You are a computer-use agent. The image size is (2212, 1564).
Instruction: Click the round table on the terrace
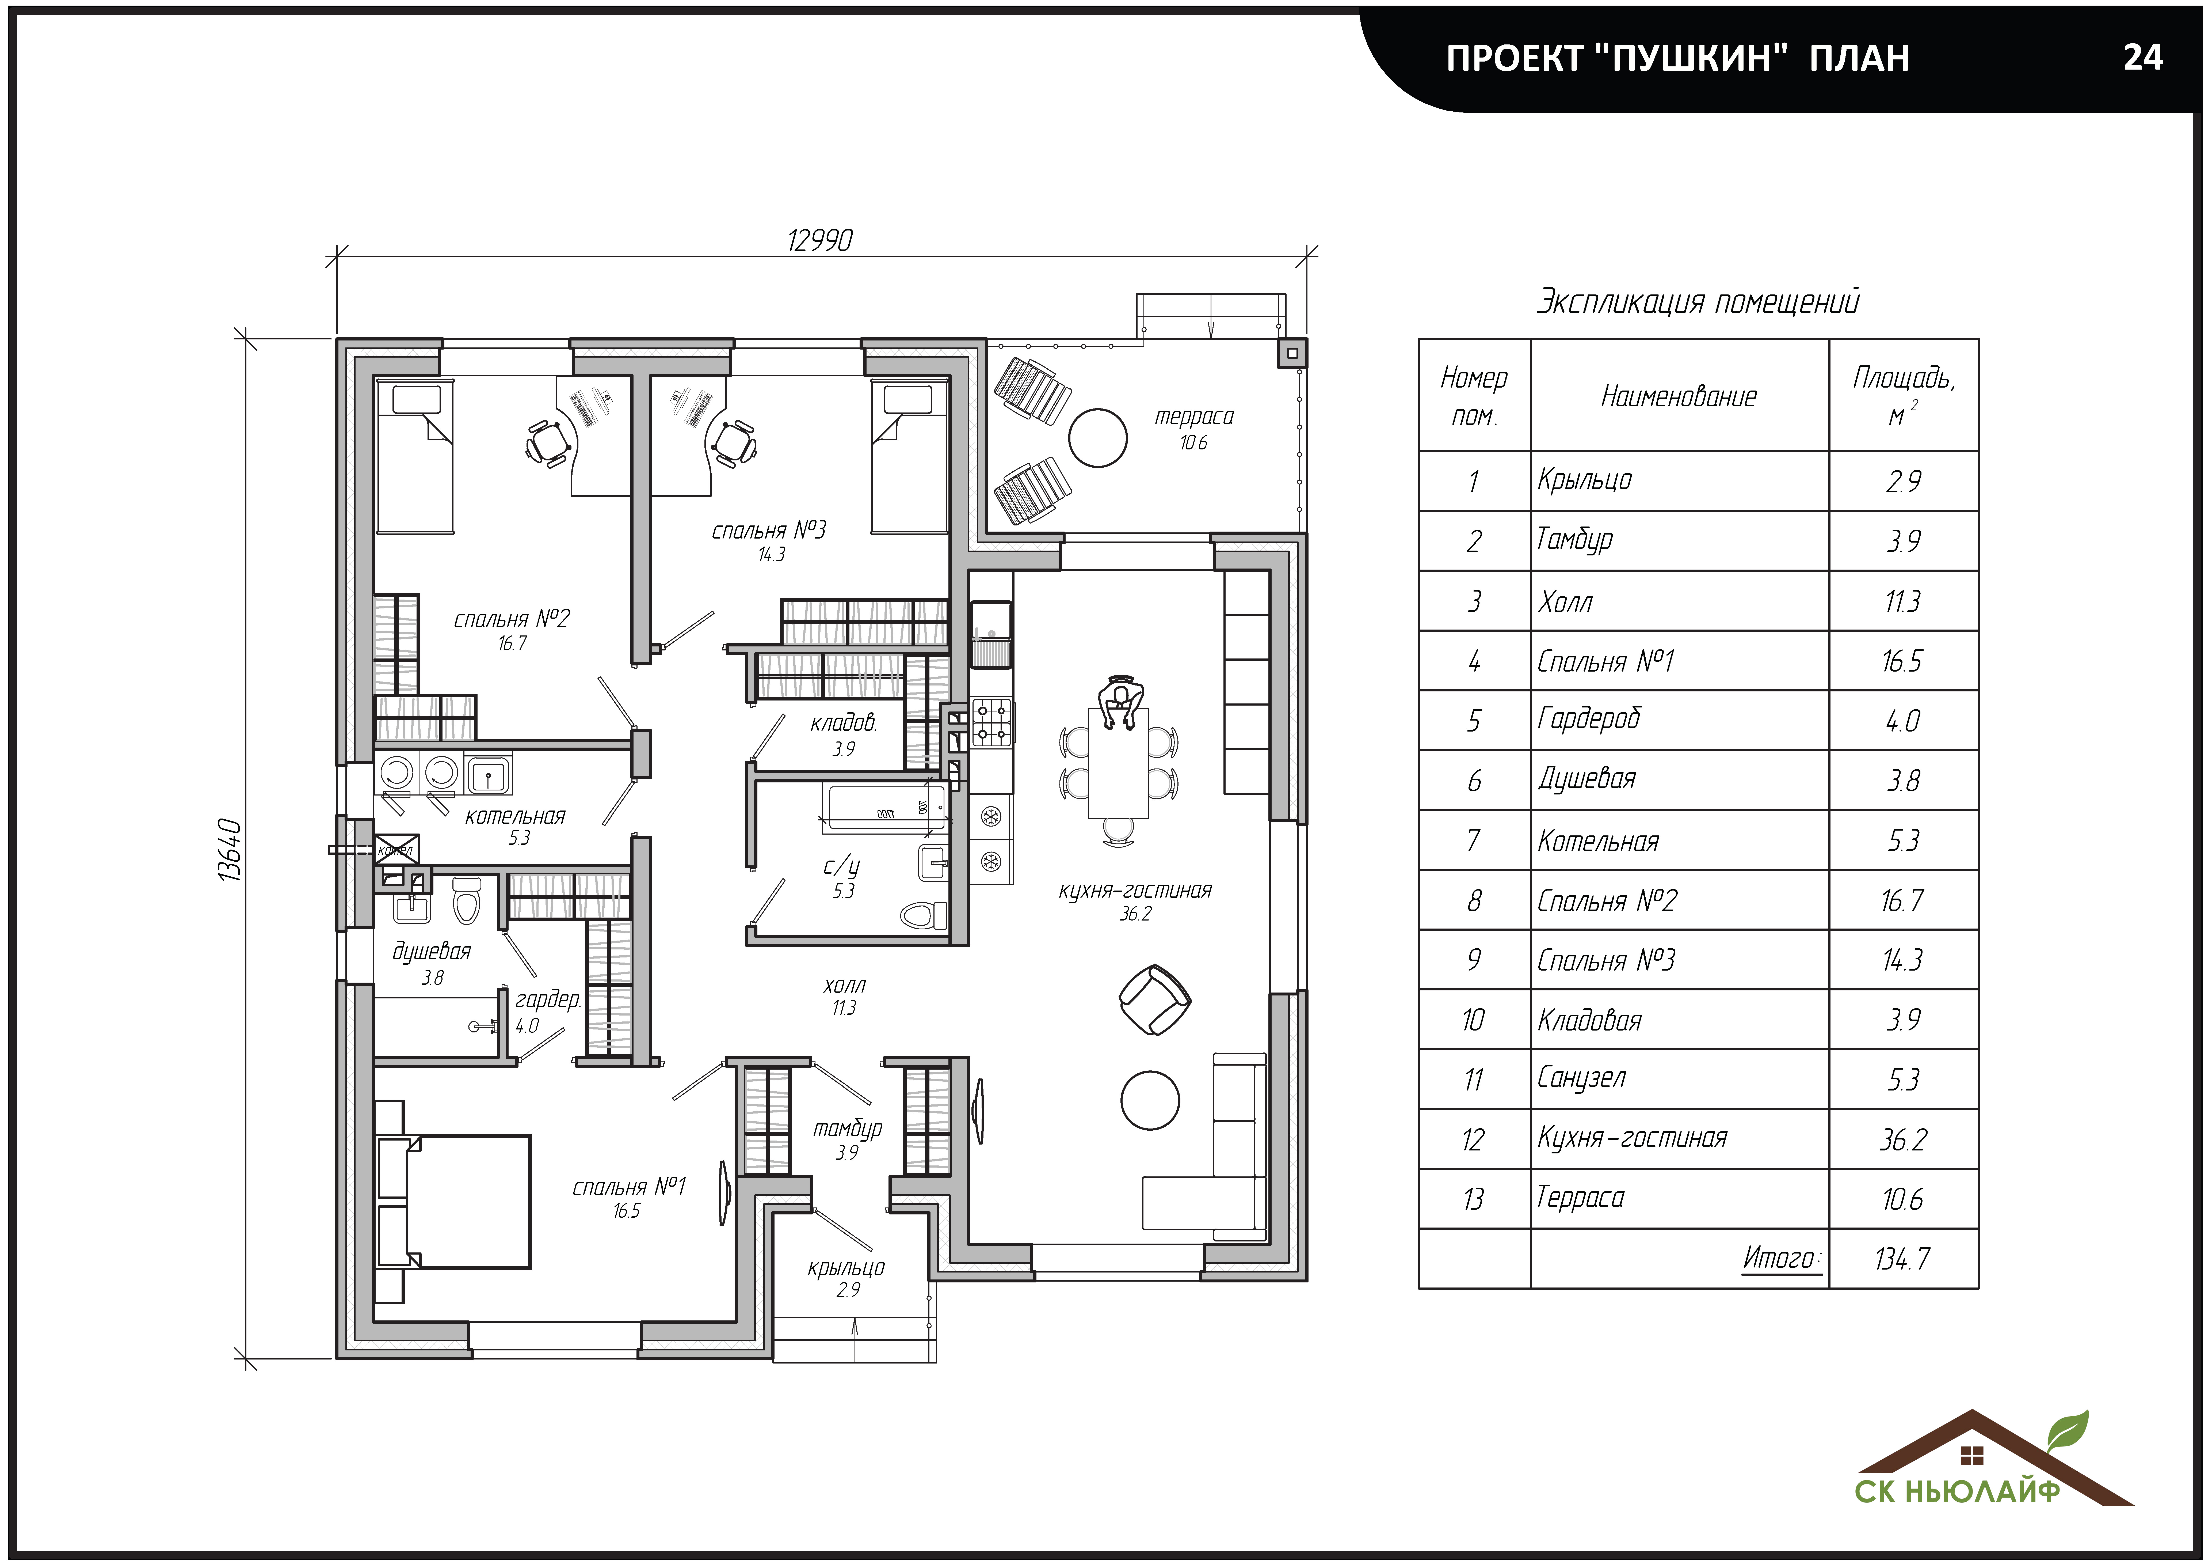1097,437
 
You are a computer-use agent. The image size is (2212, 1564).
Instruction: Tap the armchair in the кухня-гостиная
1154,999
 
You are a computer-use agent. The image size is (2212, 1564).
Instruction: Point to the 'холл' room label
844,985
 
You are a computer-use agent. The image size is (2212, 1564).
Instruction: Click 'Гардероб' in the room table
1589,719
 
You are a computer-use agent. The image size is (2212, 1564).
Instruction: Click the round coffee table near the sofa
1150,1100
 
